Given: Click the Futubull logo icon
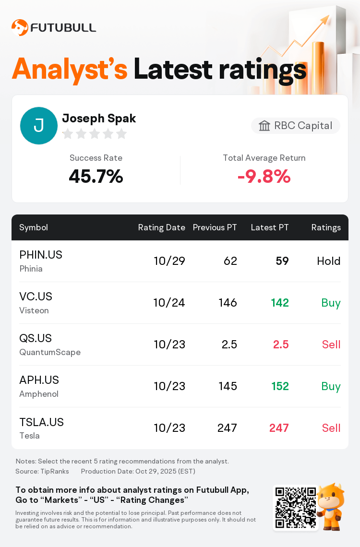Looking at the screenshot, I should (x=20, y=28).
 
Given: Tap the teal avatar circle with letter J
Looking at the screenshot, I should (x=39, y=126).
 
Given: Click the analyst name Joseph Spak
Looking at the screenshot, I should (x=99, y=118).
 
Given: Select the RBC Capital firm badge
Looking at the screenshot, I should (x=296, y=126).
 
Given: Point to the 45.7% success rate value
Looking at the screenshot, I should (x=96, y=177).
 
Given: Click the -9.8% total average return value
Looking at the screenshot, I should (x=264, y=177).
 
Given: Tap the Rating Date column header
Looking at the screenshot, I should (x=161, y=227).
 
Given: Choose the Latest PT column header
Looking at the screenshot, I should (x=270, y=227).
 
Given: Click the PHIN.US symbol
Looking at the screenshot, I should (x=41, y=255).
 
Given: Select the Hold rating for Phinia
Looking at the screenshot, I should (x=329, y=261).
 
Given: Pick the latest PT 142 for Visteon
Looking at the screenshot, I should (x=280, y=303).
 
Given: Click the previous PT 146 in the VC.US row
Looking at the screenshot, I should (x=228, y=303).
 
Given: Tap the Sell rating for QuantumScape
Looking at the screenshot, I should (x=331, y=345).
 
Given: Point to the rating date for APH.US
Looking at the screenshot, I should (x=169, y=386).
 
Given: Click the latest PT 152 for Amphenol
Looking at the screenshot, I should (x=280, y=386).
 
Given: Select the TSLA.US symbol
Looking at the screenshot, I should (x=41, y=422).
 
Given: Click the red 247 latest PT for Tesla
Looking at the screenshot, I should (x=279, y=428).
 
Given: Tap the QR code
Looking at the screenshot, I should (x=296, y=508).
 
